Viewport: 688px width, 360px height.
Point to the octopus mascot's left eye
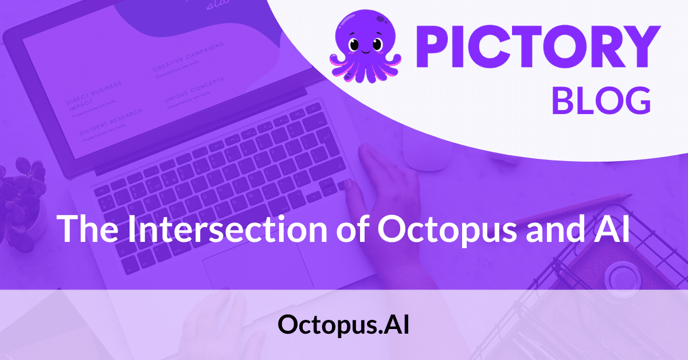(353, 44)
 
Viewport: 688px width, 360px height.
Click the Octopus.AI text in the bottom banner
(343, 325)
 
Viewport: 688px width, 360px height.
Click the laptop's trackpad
(258, 269)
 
